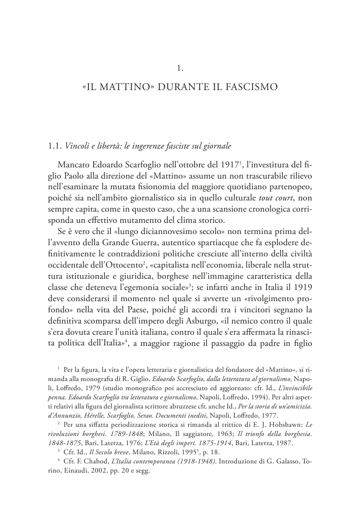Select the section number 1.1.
(54, 146)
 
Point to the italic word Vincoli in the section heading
(76, 146)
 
